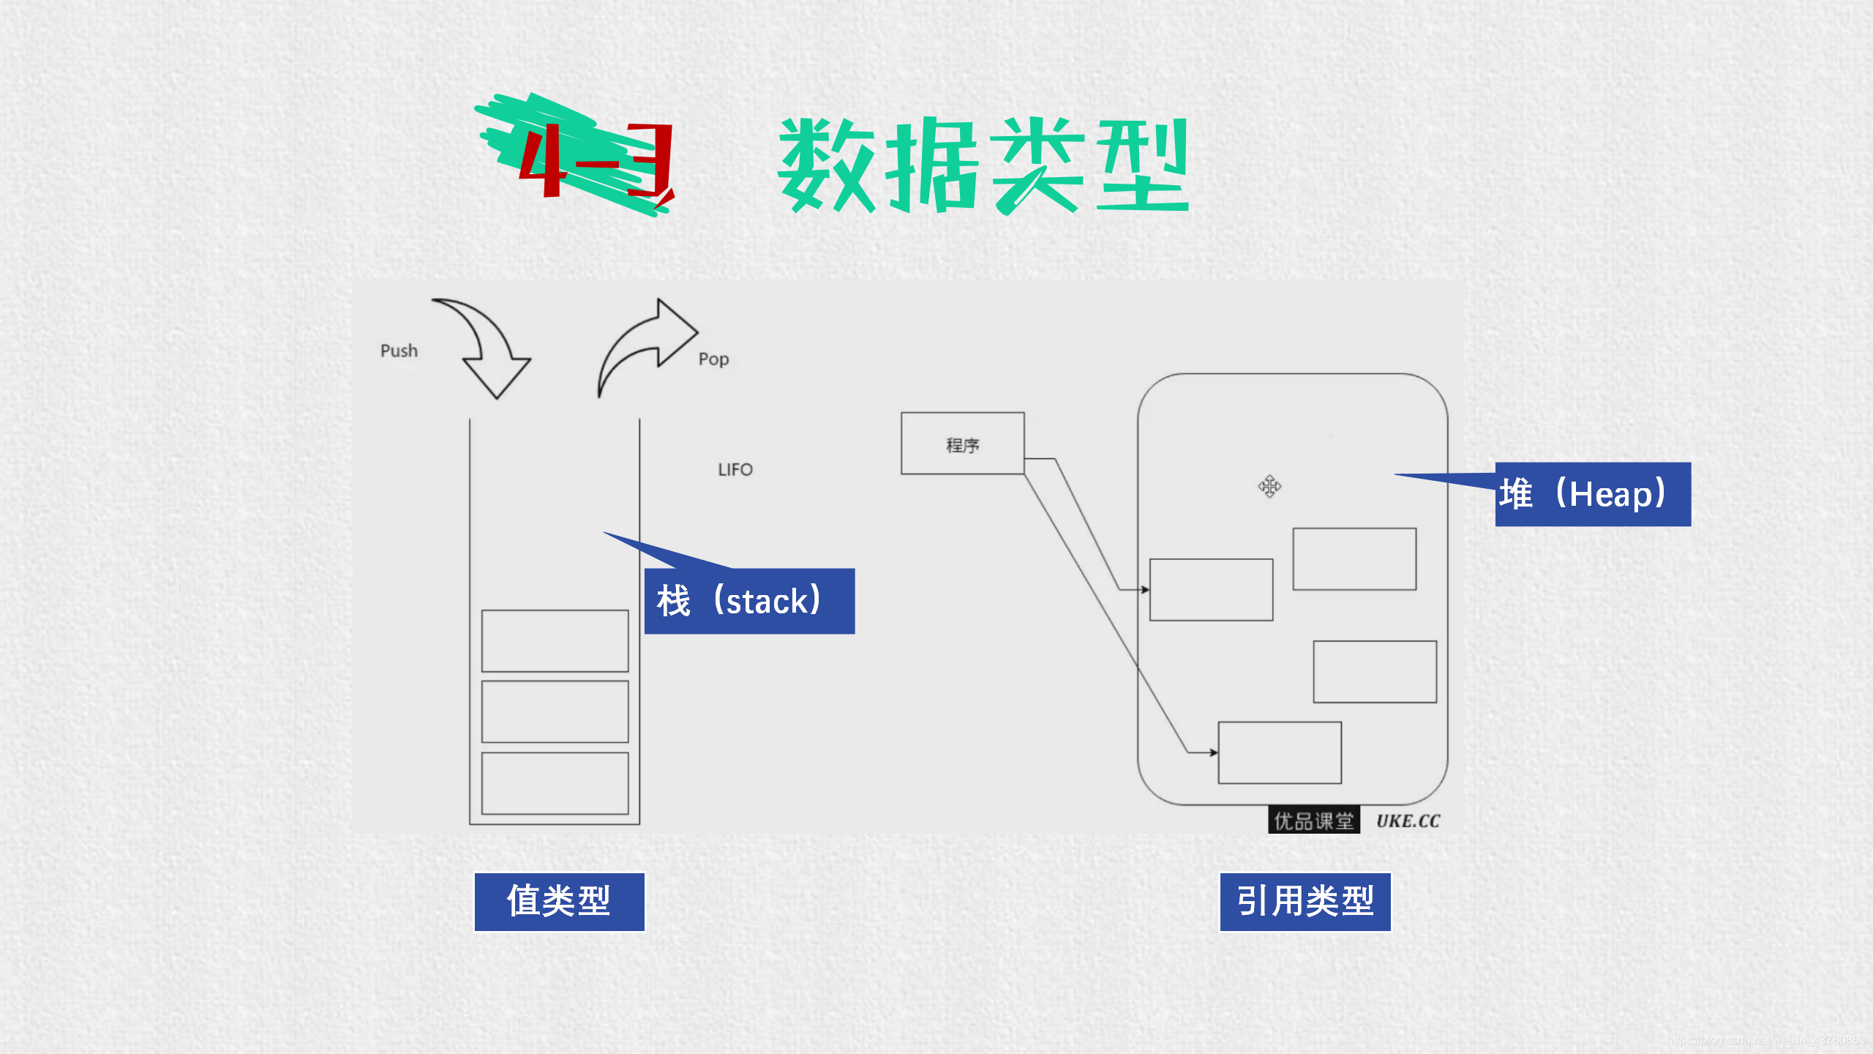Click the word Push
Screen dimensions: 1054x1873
pos(399,351)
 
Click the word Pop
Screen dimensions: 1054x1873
pos(713,359)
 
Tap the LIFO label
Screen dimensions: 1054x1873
pos(735,469)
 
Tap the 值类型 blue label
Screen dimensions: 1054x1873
pos(559,902)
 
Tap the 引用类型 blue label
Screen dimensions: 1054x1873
pos(1305,902)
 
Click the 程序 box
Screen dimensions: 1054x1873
pos(962,444)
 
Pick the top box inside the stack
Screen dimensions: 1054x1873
pos(555,640)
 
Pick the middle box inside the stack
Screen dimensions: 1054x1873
pos(555,711)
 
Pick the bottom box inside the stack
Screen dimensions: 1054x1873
pos(555,783)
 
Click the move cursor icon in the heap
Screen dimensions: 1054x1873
pos(1269,486)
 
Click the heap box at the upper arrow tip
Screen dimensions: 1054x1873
pos(1211,590)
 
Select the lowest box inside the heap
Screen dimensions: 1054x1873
pos(1279,752)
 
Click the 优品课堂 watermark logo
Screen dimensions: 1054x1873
pos(1313,821)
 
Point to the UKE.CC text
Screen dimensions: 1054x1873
pos(1408,821)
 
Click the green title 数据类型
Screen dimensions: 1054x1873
pos(983,165)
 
